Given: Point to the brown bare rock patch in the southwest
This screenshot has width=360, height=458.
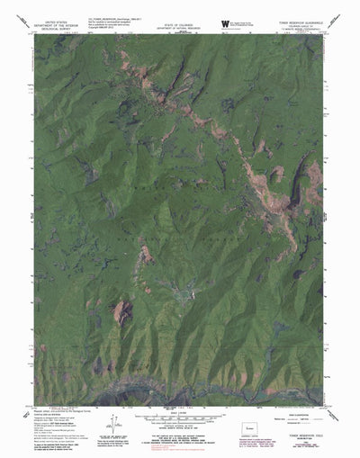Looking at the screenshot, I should click(121, 311).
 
